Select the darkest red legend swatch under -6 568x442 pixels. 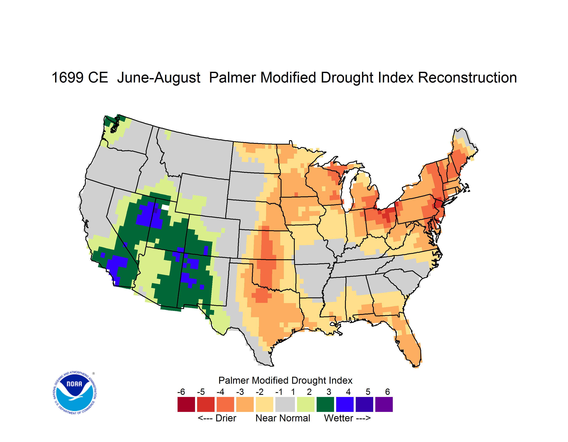pyautogui.click(x=186, y=404)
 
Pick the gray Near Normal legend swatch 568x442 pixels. pyautogui.click(x=285, y=404)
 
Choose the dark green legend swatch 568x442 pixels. pyautogui.click(x=325, y=404)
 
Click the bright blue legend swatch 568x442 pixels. pyautogui.click(x=345, y=404)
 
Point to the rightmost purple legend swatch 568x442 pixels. pyautogui.click(x=384, y=404)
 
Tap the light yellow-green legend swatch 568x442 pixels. pyautogui.click(x=306, y=404)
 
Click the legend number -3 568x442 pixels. pyautogui.click(x=240, y=392)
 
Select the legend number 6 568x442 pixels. pyautogui.click(x=388, y=392)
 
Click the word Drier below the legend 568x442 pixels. pyautogui.click(x=226, y=418)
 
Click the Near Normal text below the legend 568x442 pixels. pyautogui.click(x=283, y=418)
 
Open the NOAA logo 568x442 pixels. pyautogui.click(x=75, y=393)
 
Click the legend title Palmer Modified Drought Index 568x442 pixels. pyautogui.click(x=285, y=380)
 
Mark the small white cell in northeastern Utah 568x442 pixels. pyautogui.click(x=165, y=207)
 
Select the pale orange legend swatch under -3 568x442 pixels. pyautogui.click(x=245, y=404)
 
